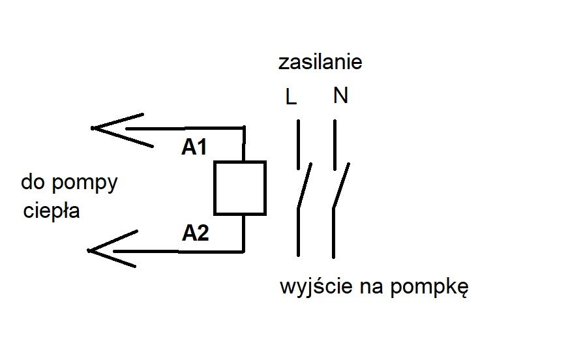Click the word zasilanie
tap(320, 62)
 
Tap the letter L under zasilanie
tap(291, 97)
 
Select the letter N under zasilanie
tap(340, 95)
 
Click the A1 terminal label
tap(194, 147)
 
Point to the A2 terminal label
tap(195, 233)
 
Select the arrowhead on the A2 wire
tap(89, 250)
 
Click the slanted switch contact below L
tap(305, 185)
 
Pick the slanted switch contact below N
tap(341, 185)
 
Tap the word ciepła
tap(52, 211)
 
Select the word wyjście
tap(316, 287)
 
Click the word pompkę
tap(430, 288)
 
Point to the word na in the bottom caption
tap(372, 288)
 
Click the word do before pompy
tap(33, 182)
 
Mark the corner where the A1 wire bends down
tap(244, 128)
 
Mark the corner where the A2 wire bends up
tap(243, 252)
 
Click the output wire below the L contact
tap(298, 232)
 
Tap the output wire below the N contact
tap(333, 233)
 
